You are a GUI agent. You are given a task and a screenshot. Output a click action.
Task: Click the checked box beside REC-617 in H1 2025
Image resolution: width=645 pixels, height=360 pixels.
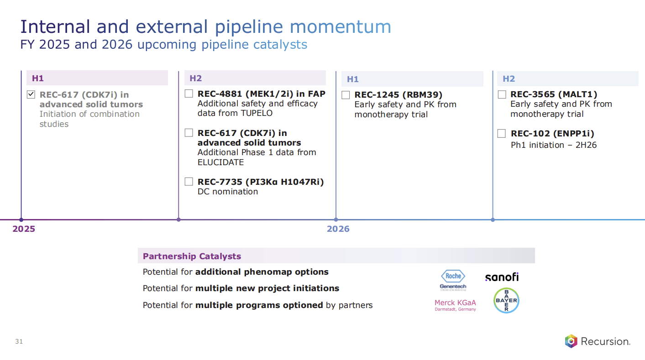[31, 95]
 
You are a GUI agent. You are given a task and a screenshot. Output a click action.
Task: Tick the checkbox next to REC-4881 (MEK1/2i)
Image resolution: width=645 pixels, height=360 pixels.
[189, 94]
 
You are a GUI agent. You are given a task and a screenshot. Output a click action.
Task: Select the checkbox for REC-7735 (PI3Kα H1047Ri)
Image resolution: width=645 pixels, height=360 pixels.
[189, 182]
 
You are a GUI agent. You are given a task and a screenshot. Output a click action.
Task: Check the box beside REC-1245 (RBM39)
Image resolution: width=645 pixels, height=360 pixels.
[346, 95]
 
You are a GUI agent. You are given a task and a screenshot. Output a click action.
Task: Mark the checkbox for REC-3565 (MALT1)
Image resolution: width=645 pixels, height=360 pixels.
[502, 94]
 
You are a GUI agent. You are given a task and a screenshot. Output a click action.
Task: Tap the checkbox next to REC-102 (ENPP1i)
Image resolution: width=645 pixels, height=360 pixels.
[502, 134]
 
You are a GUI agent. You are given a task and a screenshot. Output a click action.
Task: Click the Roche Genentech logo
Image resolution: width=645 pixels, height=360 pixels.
[453, 280]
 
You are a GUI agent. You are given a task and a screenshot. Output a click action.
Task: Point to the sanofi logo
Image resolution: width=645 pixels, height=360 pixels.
[502, 277]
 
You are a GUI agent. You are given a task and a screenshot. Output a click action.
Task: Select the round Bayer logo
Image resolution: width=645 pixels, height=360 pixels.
[506, 300]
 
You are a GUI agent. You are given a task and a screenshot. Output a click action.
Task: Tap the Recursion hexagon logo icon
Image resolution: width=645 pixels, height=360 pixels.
[571, 341]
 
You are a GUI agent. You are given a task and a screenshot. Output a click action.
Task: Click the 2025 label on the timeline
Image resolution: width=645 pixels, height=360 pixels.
[24, 229]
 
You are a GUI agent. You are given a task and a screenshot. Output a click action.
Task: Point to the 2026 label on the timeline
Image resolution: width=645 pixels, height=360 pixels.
[338, 229]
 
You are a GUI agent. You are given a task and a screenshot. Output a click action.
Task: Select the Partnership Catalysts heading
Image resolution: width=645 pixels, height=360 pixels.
[192, 256]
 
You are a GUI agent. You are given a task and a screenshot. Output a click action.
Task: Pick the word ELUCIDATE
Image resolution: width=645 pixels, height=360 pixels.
[220, 162]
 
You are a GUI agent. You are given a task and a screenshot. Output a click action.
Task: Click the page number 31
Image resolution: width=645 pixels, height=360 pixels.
[19, 342]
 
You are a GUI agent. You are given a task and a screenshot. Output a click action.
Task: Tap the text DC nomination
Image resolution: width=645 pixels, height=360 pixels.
[228, 192]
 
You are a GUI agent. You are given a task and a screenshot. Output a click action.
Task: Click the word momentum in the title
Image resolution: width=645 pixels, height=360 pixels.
[341, 27]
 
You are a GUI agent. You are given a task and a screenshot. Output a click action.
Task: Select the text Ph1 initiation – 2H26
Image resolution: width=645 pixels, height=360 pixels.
[553, 145]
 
